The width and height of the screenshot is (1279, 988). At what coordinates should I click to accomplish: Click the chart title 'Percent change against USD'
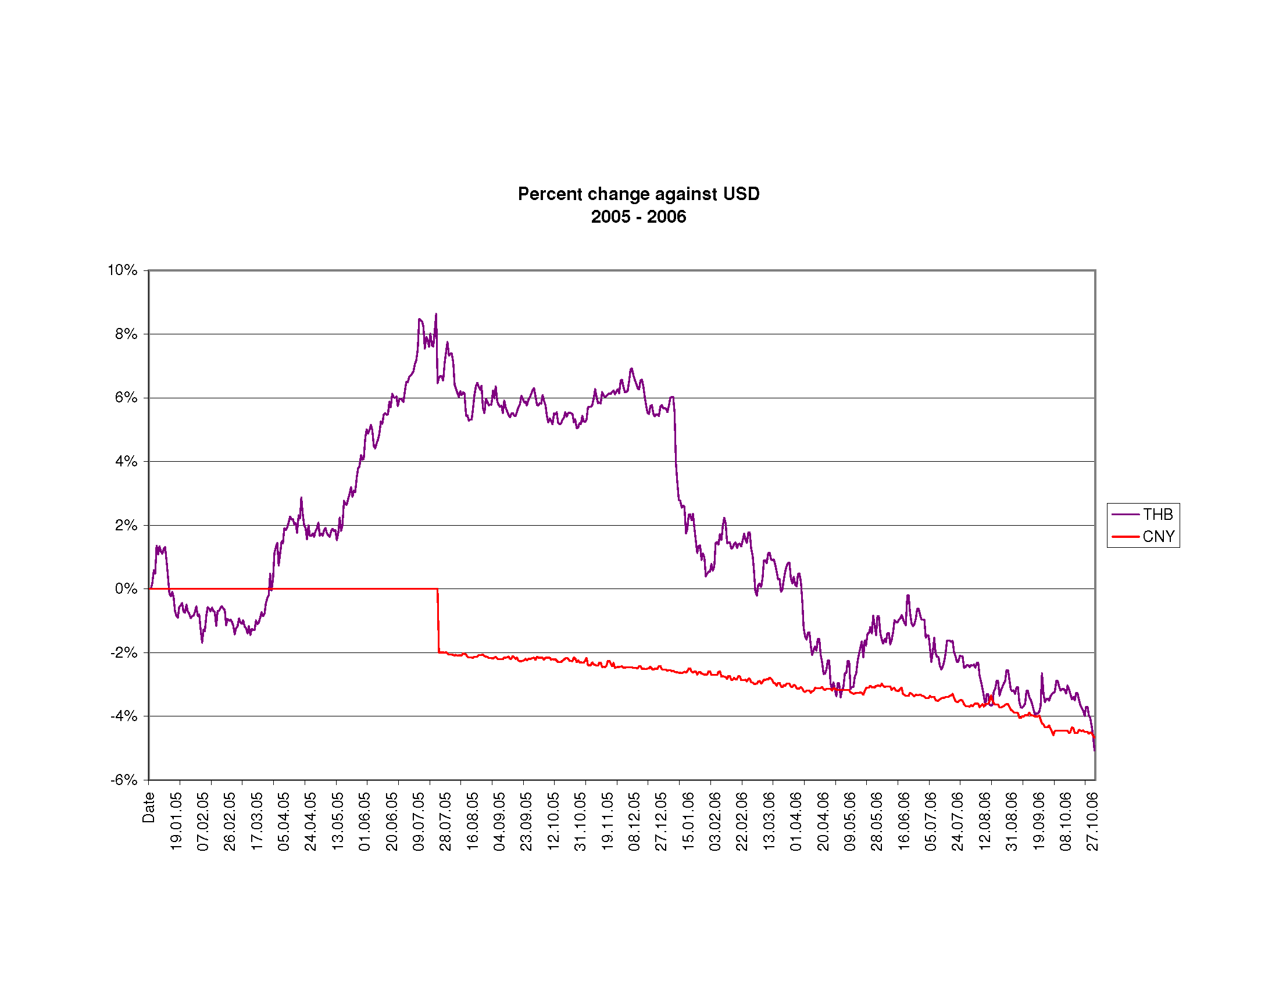tap(638, 194)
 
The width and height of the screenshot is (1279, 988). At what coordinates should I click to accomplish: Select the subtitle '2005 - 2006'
tap(638, 217)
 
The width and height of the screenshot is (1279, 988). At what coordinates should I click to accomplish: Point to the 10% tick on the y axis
tap(123, 270)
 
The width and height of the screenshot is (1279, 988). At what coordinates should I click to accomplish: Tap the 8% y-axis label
tap(126, 334)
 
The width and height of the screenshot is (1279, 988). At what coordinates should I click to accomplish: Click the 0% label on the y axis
tap(126, 588)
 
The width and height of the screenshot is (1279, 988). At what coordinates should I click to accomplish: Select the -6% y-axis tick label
tap(124, 779)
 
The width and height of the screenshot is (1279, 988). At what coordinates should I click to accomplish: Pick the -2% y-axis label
tap(124, 652)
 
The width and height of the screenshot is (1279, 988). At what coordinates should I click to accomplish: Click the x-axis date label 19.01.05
tap(176, 821)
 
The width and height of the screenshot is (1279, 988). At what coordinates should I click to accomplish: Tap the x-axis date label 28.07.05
tap(446, 821)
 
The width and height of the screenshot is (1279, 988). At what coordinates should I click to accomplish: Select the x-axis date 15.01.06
tap(688, 821)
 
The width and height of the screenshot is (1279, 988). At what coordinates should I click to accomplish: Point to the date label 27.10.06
tap(1092, 821)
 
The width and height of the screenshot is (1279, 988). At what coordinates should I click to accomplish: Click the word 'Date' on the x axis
tap(149, 807)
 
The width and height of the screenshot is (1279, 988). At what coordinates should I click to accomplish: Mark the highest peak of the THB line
tap(435, 315)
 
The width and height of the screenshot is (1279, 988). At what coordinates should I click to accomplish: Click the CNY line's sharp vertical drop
tap(438, 621)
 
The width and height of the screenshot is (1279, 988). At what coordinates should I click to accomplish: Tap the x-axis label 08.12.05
tap(634, 821)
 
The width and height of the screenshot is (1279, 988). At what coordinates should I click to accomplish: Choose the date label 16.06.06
tap(903, 821)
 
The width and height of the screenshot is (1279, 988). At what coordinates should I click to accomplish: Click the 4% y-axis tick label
tap(126, 462)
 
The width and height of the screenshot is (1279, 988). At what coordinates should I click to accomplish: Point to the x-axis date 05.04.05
tap(284, 821)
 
